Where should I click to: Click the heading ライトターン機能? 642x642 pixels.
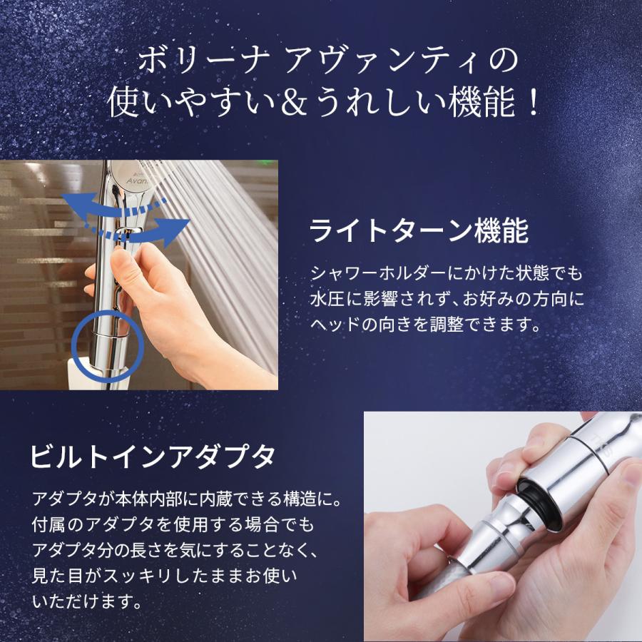[419, 230]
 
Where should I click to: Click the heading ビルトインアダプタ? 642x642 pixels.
[152, 454]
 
